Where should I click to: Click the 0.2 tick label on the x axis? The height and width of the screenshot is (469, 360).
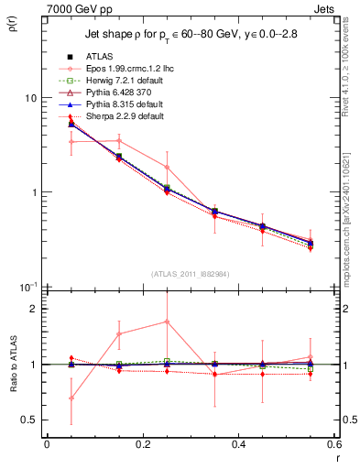(x=142, y=445)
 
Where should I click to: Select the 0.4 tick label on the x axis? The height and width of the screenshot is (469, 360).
(x=238, y=445)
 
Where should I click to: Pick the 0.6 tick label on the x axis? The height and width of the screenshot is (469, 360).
(x=333, y=445)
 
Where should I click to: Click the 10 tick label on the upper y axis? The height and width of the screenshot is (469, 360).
(x=29, y=98)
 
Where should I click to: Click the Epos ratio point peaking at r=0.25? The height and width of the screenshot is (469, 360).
(x=166, y=322)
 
